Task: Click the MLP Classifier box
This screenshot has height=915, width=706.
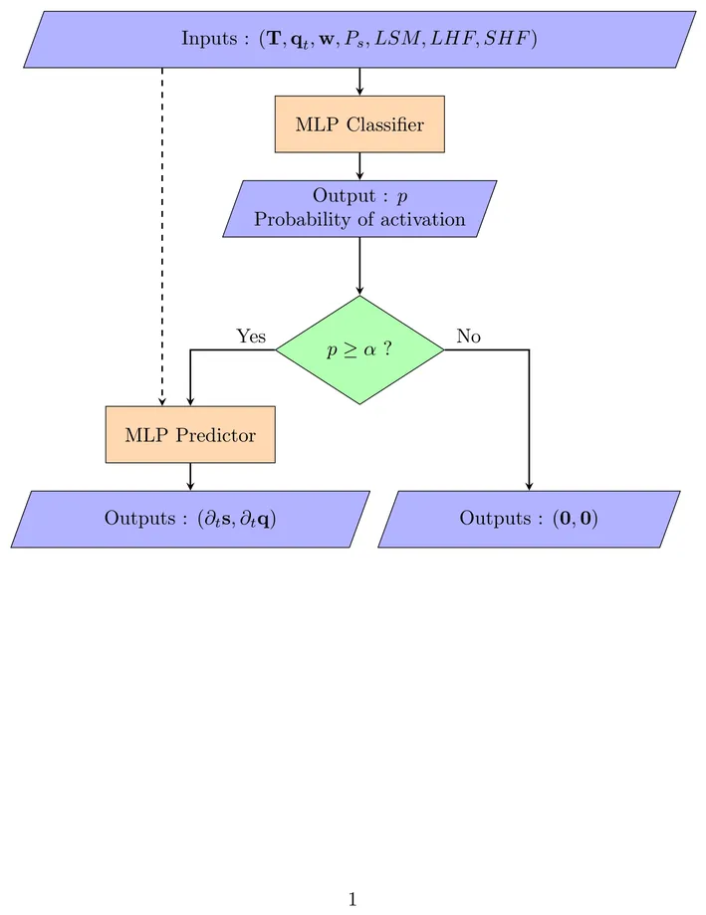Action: (x=359, y=124)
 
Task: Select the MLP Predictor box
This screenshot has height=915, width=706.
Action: (x=190, y=435)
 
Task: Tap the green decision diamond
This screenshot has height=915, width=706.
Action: (x=359, y=350)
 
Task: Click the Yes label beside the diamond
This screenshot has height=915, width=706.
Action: (x=251, y=337)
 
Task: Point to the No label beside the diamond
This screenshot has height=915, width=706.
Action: (x=468, y=337)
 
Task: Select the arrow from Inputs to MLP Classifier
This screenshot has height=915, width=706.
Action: (x=359, y=82)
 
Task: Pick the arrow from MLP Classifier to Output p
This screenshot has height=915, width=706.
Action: (x=359, y=165)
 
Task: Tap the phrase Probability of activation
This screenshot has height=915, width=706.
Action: (x=359, y=219)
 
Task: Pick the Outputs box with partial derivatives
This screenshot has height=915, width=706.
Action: (x=190, y=519)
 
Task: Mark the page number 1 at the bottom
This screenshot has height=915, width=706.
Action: (x=353, y=899)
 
